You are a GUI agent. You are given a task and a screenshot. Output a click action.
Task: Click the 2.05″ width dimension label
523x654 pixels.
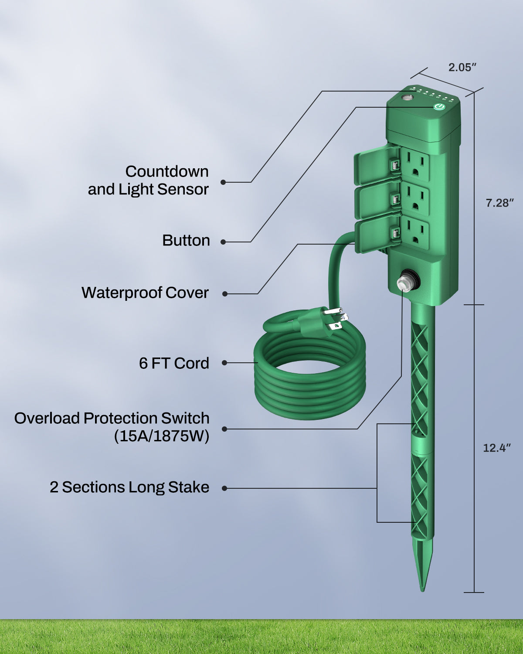pos(462,67)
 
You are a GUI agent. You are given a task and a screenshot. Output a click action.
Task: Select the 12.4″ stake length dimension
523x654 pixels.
pos(497,448)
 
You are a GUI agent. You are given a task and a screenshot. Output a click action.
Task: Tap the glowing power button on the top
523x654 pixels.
pos(439,107)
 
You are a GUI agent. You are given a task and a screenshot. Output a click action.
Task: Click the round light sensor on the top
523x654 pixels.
pos(408,98)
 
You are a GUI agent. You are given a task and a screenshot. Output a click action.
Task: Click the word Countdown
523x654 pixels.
pos(167,171)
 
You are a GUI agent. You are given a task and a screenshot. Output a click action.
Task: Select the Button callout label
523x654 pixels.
pos(186,240)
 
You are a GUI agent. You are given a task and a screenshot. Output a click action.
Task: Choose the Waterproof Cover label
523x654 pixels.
pos(145,293)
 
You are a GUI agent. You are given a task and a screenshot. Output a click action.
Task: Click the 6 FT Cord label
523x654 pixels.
pos(174,363)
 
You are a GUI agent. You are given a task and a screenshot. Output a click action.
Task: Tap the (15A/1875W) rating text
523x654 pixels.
pos(162,436)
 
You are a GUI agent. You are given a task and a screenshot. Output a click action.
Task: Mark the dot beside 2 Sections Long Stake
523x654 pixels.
pos(224,488)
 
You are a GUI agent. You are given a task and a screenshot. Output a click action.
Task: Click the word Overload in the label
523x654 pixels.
pos(47,418)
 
